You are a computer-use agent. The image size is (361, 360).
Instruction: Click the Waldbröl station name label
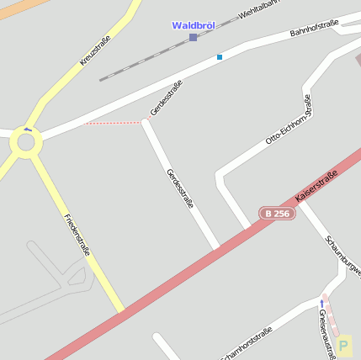193,25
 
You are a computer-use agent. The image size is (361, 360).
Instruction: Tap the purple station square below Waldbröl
193,38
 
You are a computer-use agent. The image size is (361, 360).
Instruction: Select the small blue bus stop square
220,57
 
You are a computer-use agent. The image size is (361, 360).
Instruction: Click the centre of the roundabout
26,141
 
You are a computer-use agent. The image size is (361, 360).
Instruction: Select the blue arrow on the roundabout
28,129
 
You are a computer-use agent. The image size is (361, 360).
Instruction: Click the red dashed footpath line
114,124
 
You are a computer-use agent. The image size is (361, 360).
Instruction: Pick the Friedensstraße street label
77,234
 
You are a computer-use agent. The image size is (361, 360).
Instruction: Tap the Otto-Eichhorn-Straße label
289,119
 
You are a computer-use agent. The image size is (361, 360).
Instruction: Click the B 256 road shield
277,214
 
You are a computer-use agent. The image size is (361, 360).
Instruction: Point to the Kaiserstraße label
316,186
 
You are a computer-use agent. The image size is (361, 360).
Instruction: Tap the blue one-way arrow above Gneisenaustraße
321,302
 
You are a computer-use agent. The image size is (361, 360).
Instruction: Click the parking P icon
343,345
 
